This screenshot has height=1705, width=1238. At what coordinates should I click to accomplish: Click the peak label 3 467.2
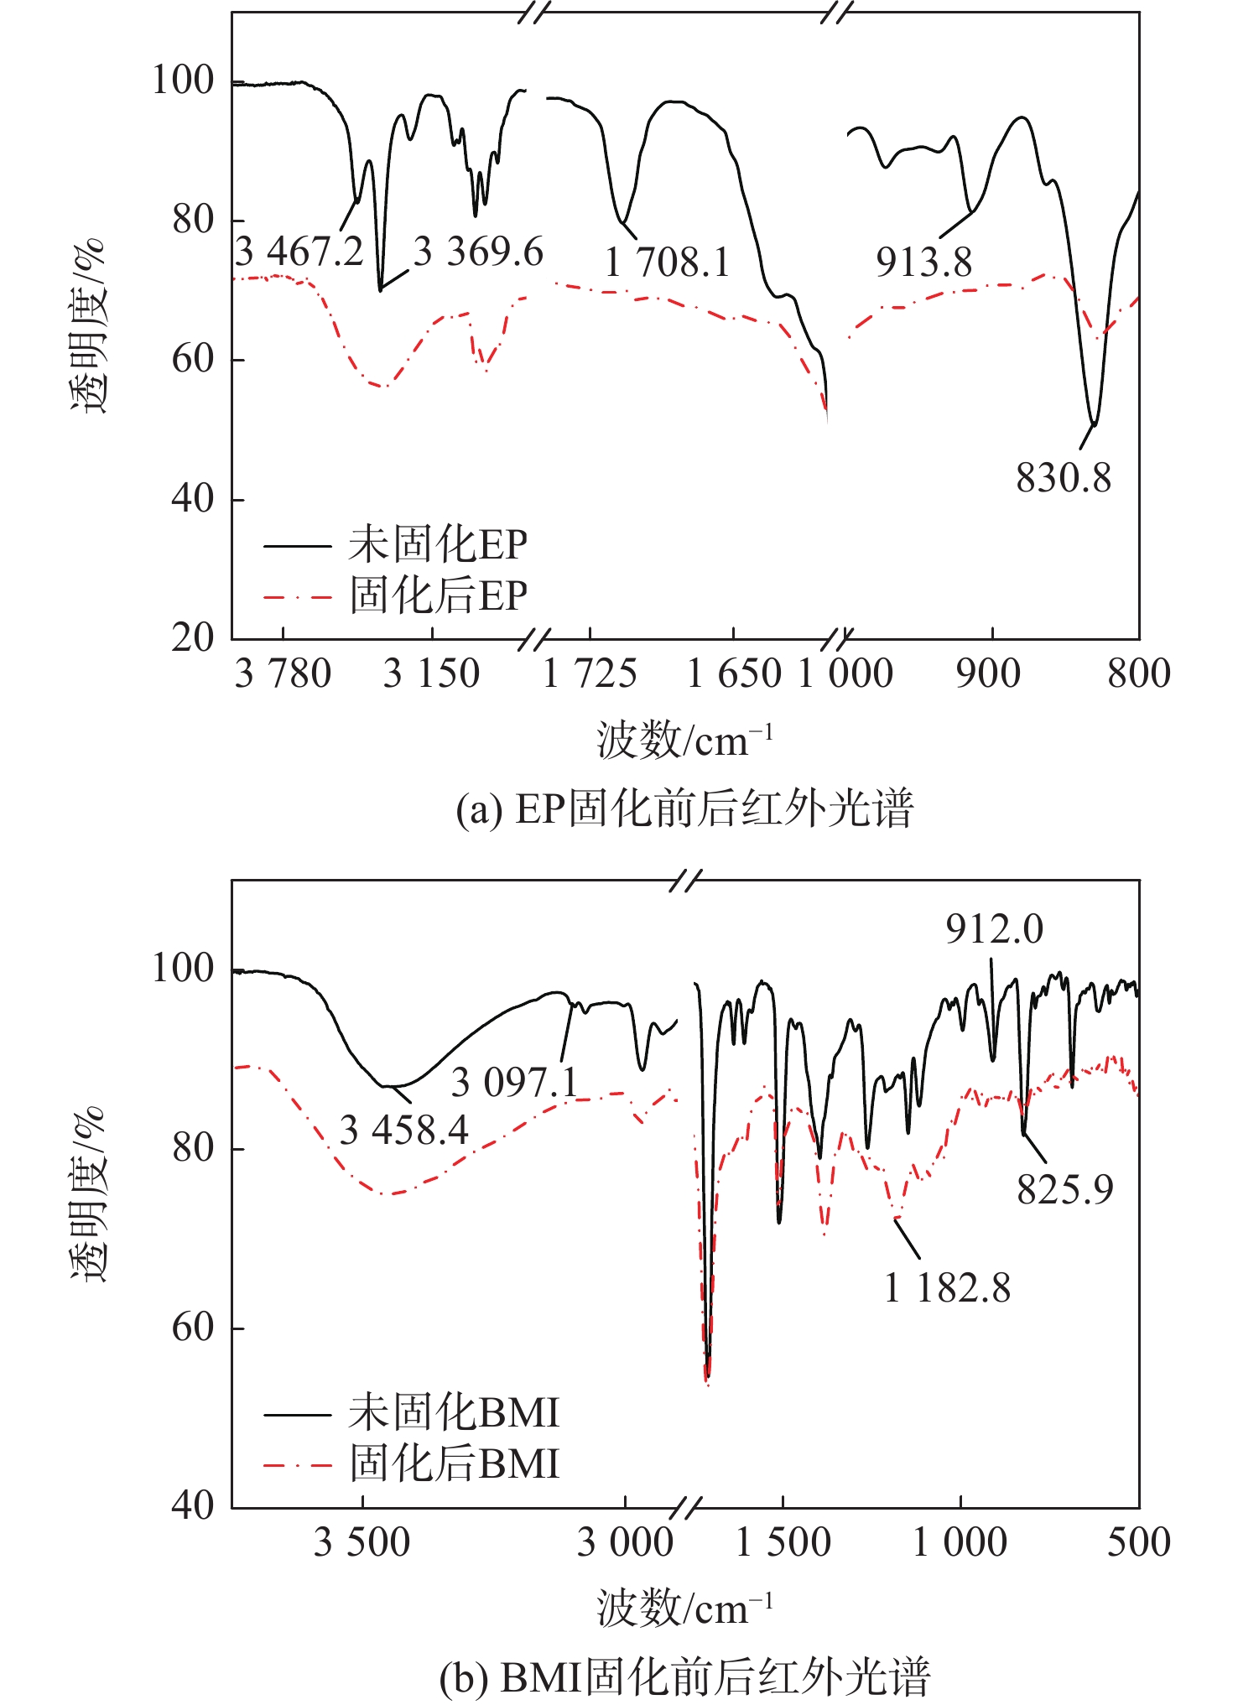[x=299, y=252]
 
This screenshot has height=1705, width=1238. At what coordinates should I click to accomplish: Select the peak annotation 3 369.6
[x=478, y=252]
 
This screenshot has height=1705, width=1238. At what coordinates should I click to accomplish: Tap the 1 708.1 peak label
[x=667, y=263]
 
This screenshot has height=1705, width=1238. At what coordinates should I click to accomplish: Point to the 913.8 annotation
[x=923, y=263]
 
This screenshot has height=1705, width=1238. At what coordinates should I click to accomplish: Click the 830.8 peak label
[x=1063, y=479]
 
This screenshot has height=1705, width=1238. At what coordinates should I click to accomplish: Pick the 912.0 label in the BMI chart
[x=994, y=929]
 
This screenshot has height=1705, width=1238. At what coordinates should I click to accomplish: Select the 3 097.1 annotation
[x=514, y=1083]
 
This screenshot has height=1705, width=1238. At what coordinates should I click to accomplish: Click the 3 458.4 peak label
[x=403, y=1131]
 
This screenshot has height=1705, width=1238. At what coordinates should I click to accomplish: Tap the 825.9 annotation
[x=1064, y=1189]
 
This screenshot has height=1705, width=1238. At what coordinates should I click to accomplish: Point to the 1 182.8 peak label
[x=947, y=1287]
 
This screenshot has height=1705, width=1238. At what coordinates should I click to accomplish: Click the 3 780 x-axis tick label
[x=283, y=674]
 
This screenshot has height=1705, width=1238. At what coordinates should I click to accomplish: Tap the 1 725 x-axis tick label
[x=590, y=674]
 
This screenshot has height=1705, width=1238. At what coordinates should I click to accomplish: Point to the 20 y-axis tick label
[x=193, y=638]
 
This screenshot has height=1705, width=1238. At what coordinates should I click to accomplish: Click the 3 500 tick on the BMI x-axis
[x=362, y=1542]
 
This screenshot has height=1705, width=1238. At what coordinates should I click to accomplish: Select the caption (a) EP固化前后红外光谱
[x=684, y=810]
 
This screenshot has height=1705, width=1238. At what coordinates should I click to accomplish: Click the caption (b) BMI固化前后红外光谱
[x=684, y=1678]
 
